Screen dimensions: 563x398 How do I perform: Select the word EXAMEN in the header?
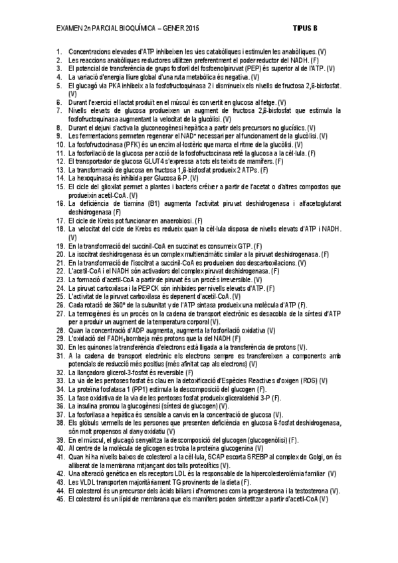[x=70, y=29]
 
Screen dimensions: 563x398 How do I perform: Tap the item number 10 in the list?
[x=60, y=143]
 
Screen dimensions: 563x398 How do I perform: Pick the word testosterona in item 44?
[x=312, y=491]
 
